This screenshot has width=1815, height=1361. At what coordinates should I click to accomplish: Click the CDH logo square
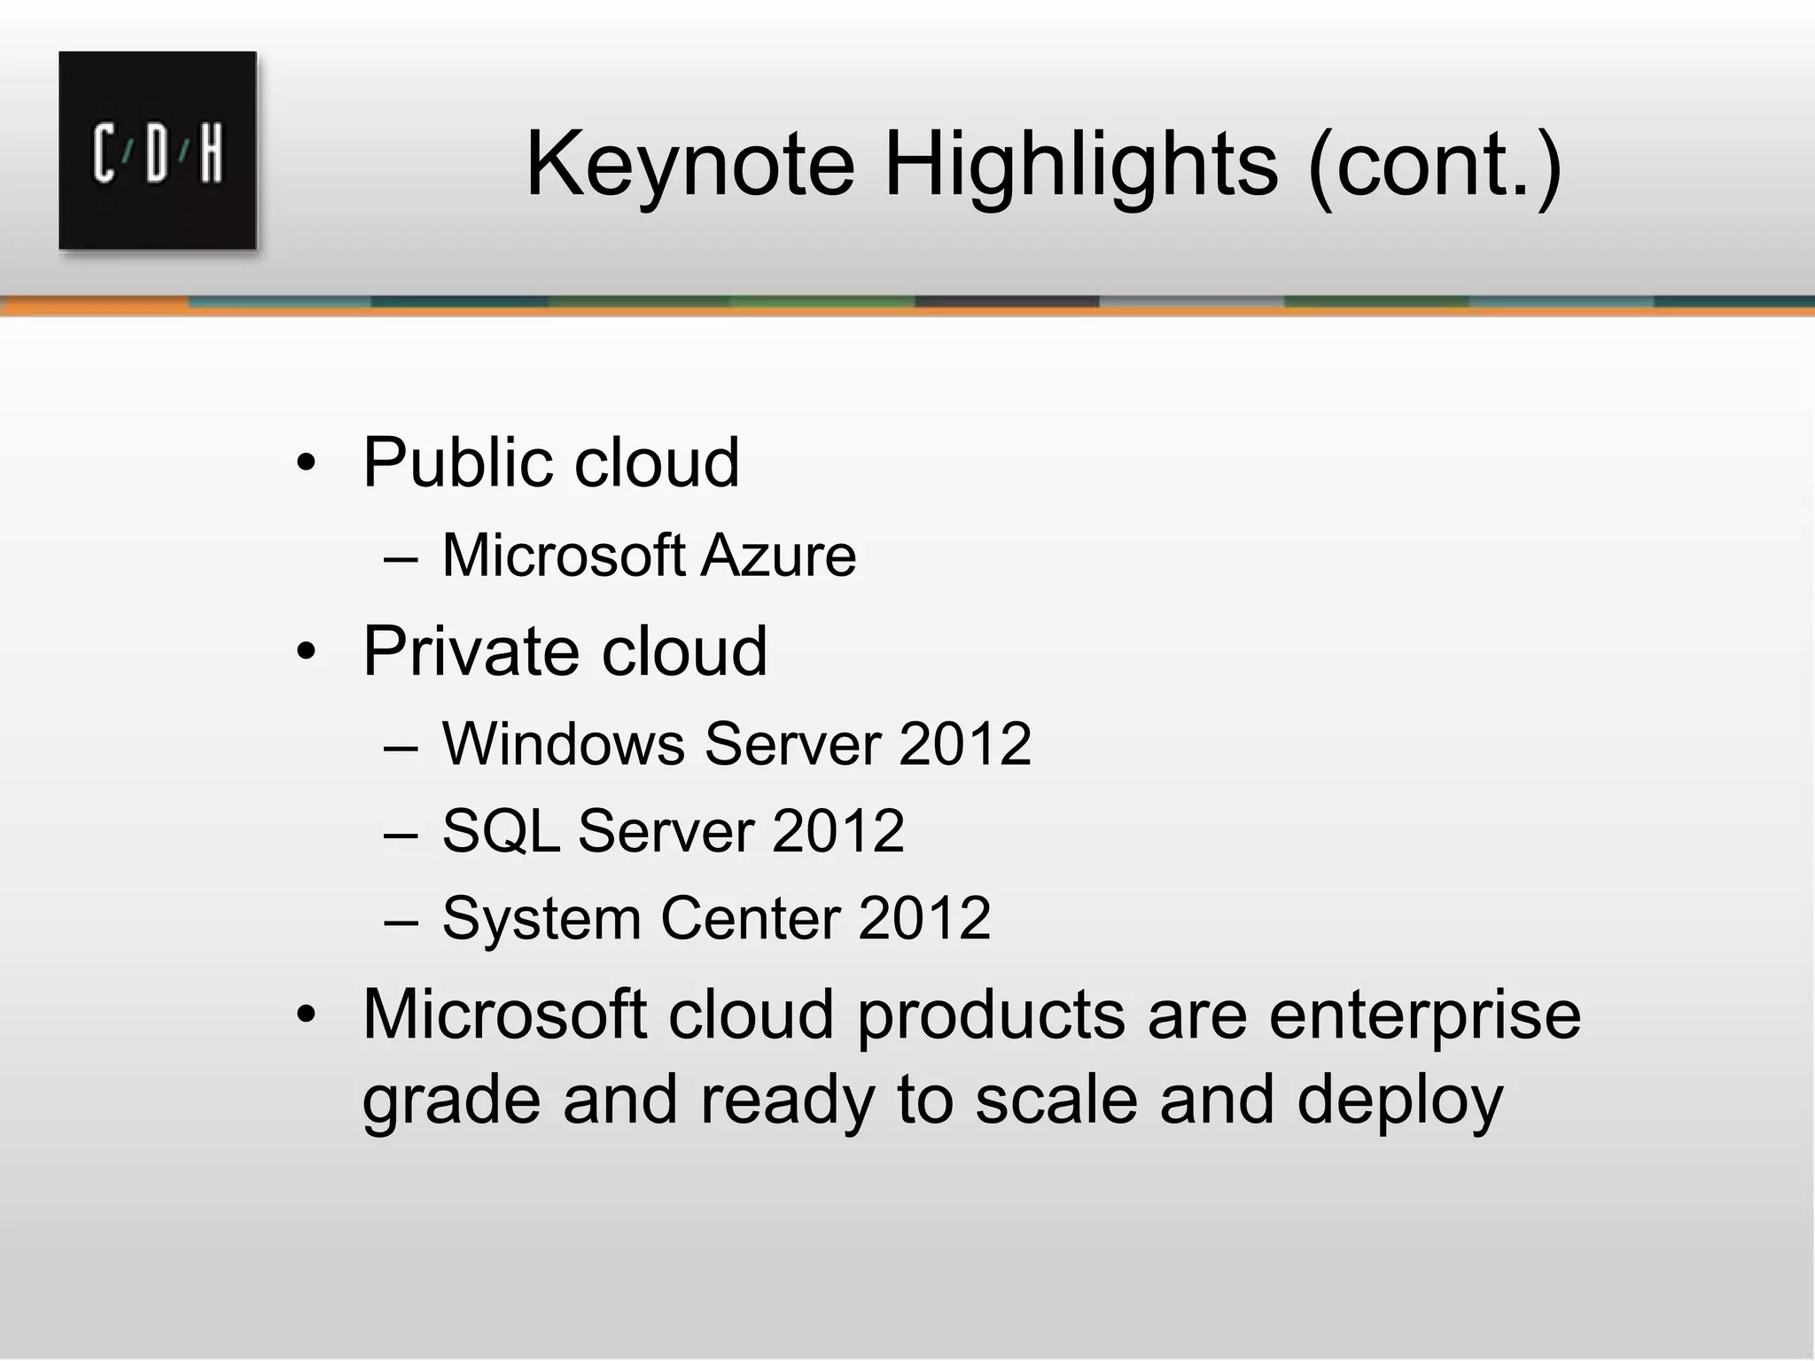(158, 151)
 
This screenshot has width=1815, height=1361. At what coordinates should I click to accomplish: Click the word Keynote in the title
(690, 165)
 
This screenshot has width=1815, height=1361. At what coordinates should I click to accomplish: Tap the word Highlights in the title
(1081, 165)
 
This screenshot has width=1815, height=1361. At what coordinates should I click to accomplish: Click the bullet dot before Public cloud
(306, 463)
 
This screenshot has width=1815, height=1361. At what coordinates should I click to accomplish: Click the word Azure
(779, 556)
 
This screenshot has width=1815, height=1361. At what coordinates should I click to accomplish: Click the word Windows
(564, 743)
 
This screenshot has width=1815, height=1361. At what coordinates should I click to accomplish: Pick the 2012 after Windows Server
(964, 743)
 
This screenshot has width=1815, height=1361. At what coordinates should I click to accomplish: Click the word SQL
(500, 832)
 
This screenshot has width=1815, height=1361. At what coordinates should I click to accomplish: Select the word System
(541, 920)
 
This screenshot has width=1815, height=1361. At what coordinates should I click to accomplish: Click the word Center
(750, 919)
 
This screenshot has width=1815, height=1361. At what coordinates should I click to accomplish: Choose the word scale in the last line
(1056, 1100)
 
